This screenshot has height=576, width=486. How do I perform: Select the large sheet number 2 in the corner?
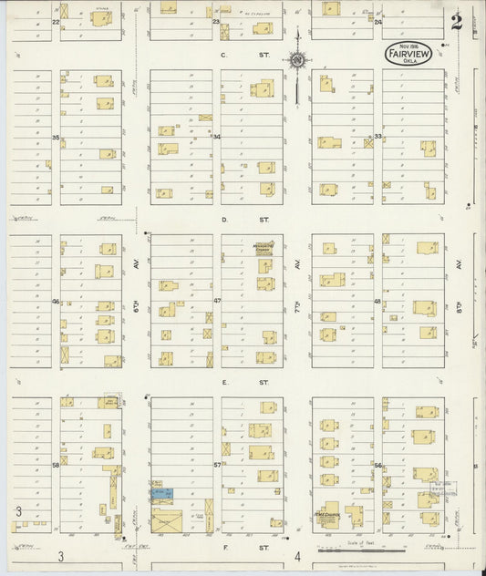[x=456, y=22]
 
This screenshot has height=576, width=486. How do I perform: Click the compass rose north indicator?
[x=297, y=61]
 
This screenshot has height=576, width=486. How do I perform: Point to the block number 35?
[x=56, y=138]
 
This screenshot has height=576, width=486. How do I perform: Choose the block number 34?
[x=216, y=138]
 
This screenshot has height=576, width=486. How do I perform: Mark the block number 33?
[x=377, y=137]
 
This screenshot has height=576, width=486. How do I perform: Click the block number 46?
[x=56, y=301]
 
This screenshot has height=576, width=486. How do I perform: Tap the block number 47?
[x=217, y=301]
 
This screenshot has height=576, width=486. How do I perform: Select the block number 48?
[x=377, y=301]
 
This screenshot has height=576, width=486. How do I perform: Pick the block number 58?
[x=56, y=465]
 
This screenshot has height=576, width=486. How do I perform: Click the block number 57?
[x=217, y=465]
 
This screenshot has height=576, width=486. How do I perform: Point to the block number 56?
[x=377, y=465]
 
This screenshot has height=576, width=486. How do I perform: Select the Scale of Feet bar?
[x=361, y=550]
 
